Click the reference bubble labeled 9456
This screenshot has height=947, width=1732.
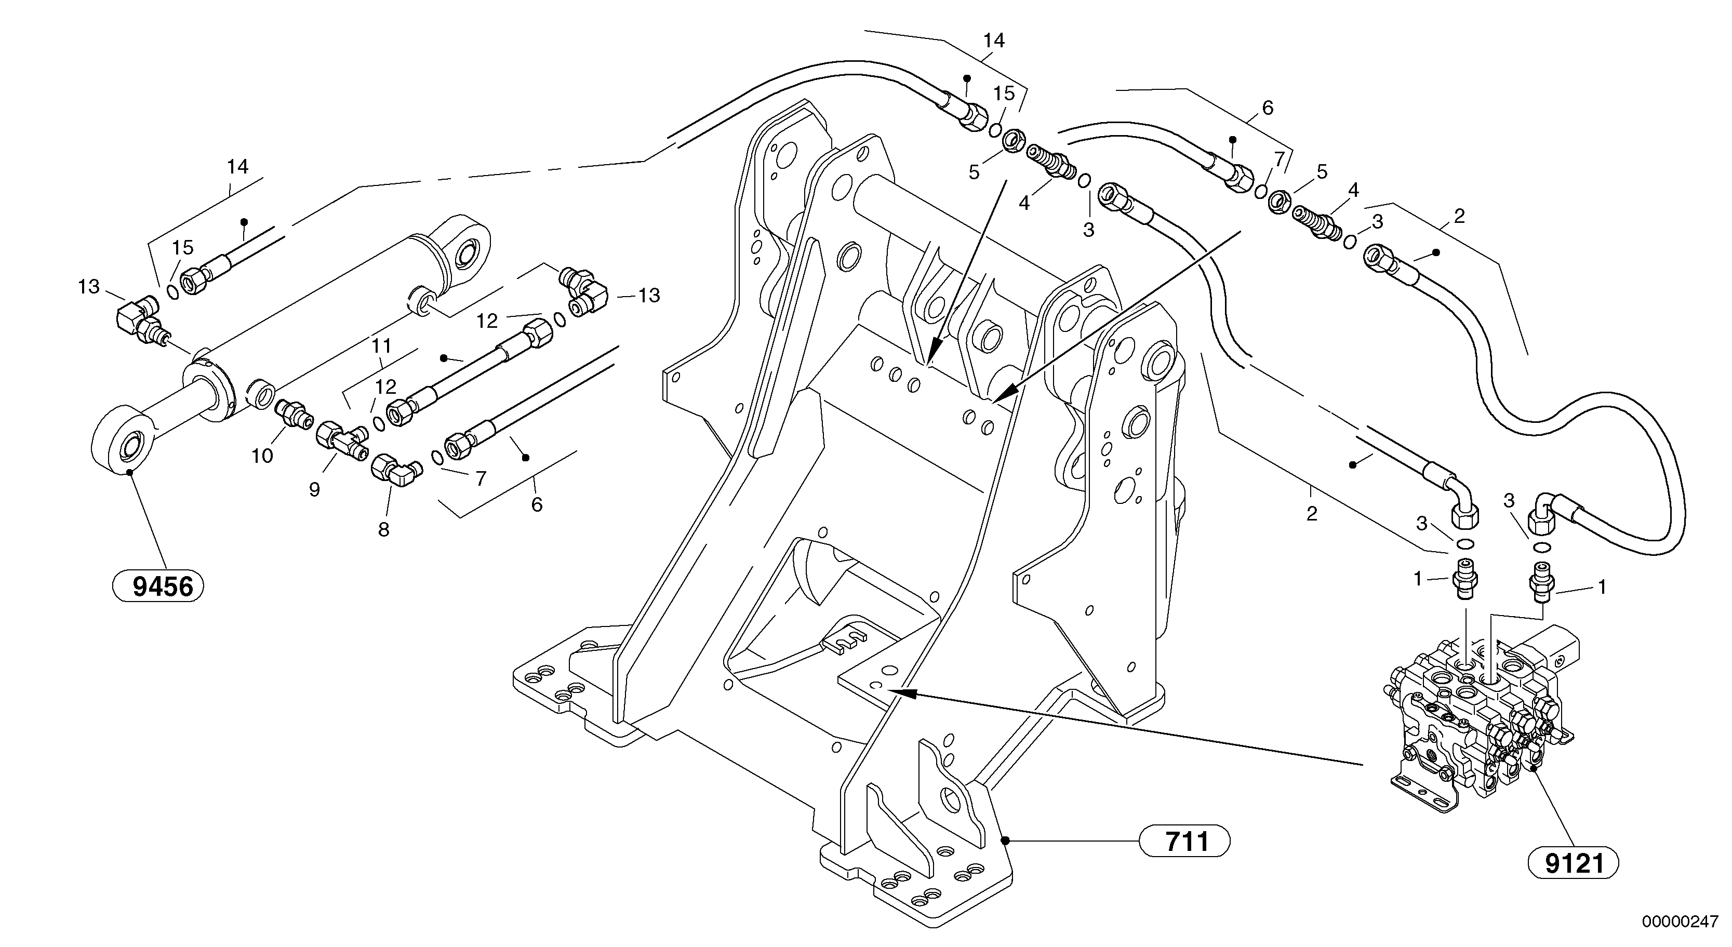[158, 587]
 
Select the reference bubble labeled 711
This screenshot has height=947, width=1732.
[1184, 841]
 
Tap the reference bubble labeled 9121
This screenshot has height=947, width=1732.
[1574, 862]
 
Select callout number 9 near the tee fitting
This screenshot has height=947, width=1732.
[314, 489]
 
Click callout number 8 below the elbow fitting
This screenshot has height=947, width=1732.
[383, 530]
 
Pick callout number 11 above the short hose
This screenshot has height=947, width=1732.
[382, 346]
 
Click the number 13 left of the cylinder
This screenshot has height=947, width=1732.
[88, 287]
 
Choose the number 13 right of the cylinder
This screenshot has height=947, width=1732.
[649, 295]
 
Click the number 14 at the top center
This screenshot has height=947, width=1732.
[993, 41]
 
